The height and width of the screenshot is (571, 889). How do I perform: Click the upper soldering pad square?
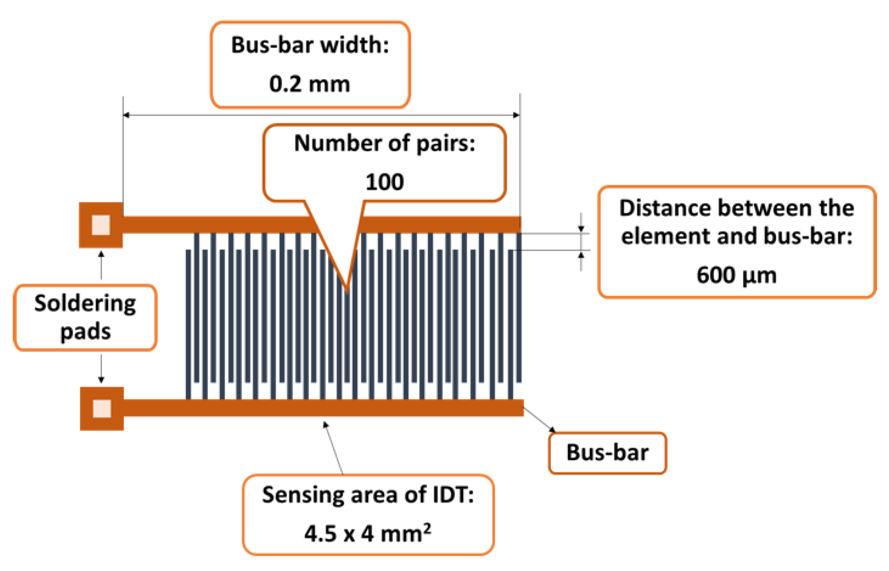pyautogui.click(x=101, y=225)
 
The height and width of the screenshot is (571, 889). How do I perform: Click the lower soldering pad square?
pyautogui.click(x=102, y=408)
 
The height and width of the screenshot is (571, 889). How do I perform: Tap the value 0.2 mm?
pyautogui.click(x=310, y=84)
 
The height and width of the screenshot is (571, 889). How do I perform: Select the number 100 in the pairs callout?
pyautogui.click(x=385, y=182)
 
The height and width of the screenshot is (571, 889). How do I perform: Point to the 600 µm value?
pyautogui.click(x=736, y=275)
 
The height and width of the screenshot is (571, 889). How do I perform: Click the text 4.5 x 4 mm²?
pyautogui.click(x=368, y=533)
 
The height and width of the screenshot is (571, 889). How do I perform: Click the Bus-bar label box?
pyautogui.click(x=607, y=453)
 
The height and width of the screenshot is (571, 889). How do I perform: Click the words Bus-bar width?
pyautogui.click(x=310, y=45)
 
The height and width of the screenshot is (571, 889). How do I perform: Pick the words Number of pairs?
pyautogui.click(x=385, y=143)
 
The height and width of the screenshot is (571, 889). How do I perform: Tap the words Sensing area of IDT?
pyautogui.click(x=368, y=495)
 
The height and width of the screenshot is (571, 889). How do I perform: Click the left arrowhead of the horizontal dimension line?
pyautogui.click(x=126, y=115)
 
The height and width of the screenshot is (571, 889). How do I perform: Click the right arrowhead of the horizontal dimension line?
pyautogui.click(x=516, y=115)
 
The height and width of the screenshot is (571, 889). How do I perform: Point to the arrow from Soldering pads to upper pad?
pyautogui.click(x=101, y=265)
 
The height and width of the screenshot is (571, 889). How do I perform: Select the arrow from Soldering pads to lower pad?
pyautogui.click(x=101, y=368)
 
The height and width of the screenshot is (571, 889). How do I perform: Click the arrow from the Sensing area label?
pyautogui.click(x=333, y=448)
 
